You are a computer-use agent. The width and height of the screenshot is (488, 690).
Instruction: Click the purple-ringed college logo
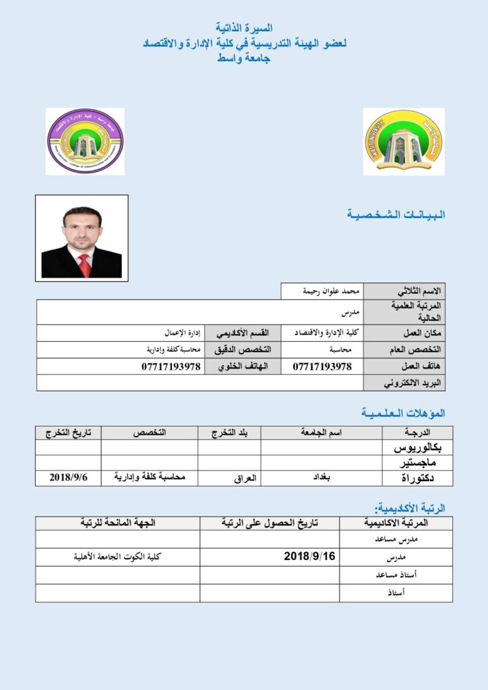click(x=85, y=142)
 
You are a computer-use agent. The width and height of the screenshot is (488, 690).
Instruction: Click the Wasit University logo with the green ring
click(x=403, y=142)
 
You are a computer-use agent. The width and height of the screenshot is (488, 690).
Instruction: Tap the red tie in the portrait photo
click(x=84, y=264)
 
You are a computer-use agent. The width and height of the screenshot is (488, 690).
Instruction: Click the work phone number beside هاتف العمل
click(x=322, y=367)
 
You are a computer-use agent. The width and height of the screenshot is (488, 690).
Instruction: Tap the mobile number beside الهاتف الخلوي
click(x=171, y=367)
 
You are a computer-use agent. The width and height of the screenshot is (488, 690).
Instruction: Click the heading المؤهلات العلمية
click(x=403, y=412)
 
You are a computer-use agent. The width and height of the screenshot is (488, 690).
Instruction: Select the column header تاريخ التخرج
click(x=68, y=432)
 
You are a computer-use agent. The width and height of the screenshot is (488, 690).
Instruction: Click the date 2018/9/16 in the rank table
click(x=309, y=557)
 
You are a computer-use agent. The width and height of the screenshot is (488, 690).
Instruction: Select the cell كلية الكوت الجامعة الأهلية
click(x=118, y=557)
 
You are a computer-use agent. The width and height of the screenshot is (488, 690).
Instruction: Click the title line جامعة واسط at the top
click(x=243, y=59)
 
